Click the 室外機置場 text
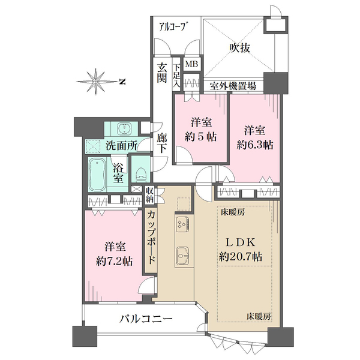tap(233, 86)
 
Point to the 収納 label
tap(150, 195)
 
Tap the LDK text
tap(241, 242)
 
